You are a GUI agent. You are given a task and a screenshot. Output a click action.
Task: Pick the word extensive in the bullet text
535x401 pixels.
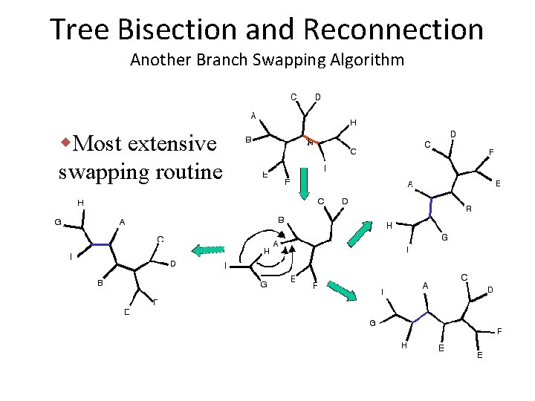(x=172, y=143)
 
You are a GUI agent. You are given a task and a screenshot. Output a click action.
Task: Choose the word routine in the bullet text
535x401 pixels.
(x=189, y=172)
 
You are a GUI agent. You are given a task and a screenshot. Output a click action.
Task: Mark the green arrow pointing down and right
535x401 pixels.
(x=341, y=290)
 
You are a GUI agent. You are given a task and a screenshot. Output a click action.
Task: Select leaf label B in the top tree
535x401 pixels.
(x=248, y=139)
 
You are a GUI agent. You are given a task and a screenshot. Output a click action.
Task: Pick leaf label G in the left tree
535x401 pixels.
(x=57, y=221)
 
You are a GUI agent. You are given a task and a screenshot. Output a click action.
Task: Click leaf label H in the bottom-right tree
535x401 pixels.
(x=403, y=345)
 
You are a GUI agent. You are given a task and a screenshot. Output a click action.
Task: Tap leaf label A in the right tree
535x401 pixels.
(x=410, y=183)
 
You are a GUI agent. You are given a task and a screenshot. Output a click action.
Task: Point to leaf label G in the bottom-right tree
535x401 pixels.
(x=372, y=322)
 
